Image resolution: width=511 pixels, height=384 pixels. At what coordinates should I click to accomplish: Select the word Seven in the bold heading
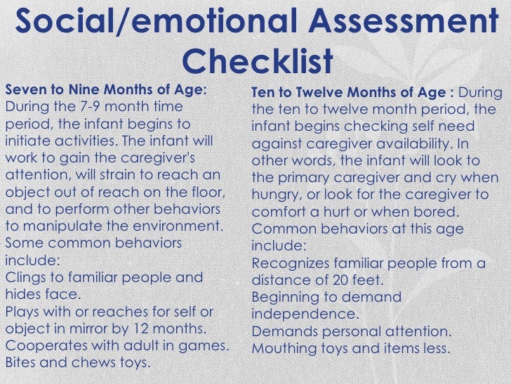(24, 90)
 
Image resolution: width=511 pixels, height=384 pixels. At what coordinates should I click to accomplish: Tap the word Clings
(26, 277)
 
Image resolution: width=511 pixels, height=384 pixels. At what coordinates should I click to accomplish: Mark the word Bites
(22, 363)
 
